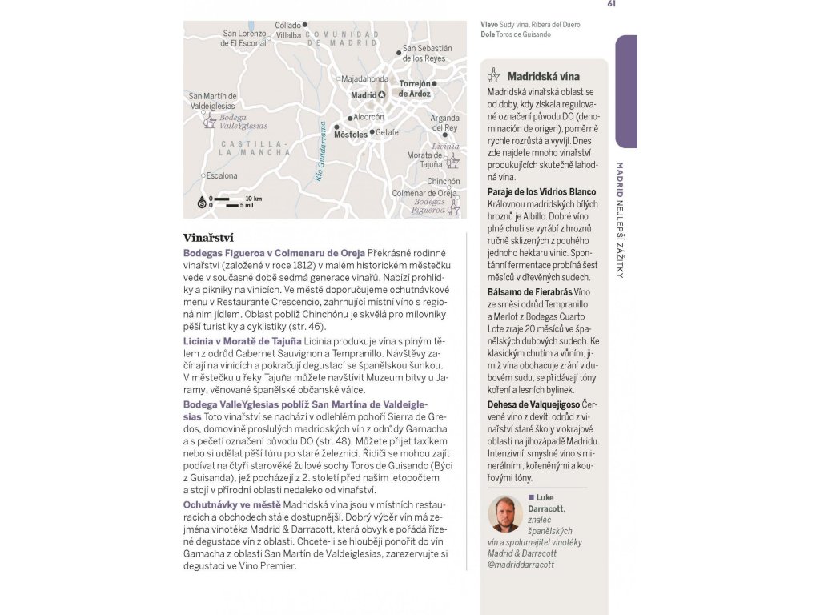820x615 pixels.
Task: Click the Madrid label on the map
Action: pos(364,95)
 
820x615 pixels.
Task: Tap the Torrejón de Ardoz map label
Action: pos(415,88)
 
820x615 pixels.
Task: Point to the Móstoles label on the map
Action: pos(350,135)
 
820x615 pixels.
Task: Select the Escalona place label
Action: pos(222,175)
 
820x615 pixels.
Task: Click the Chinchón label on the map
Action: pos(444,182)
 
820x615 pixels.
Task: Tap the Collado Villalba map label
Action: pos(288,30)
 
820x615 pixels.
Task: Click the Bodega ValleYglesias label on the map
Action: pos(243,122)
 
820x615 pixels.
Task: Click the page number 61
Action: pos(612,4)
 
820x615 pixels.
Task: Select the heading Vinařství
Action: pos(207,238)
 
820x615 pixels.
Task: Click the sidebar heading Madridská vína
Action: pos(543,77)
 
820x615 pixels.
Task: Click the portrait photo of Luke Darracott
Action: pos(505,514)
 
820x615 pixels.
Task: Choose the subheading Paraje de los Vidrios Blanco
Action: pos(541,192)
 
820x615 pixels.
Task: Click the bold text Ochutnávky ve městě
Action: pos(231,504)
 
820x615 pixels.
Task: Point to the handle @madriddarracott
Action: pos(521,564)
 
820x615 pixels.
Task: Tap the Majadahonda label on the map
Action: pos(364,79)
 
